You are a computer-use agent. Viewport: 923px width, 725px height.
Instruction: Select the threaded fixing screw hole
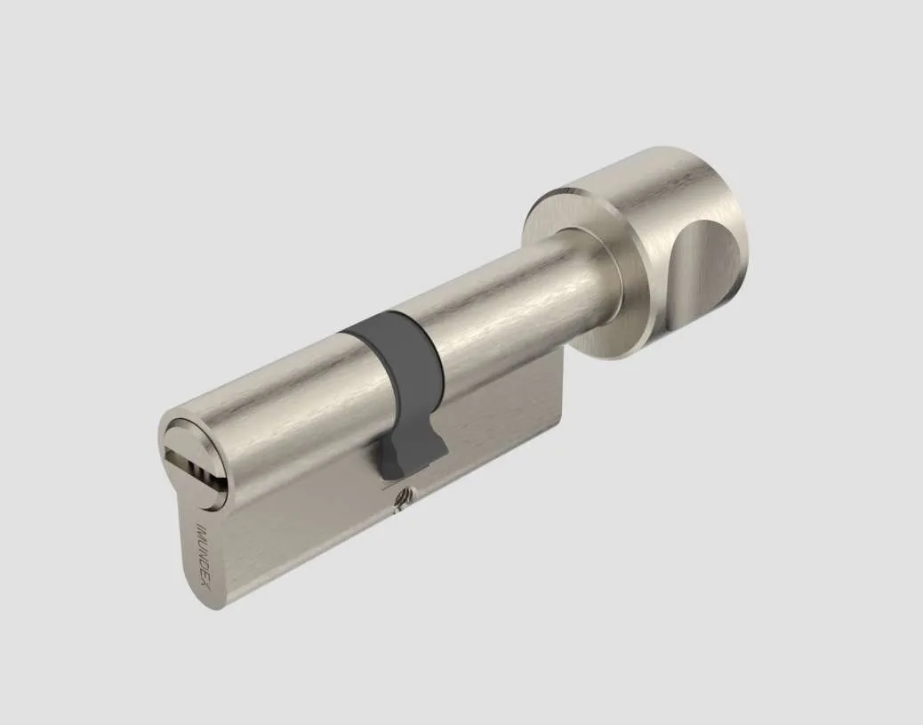click(403, 498)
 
